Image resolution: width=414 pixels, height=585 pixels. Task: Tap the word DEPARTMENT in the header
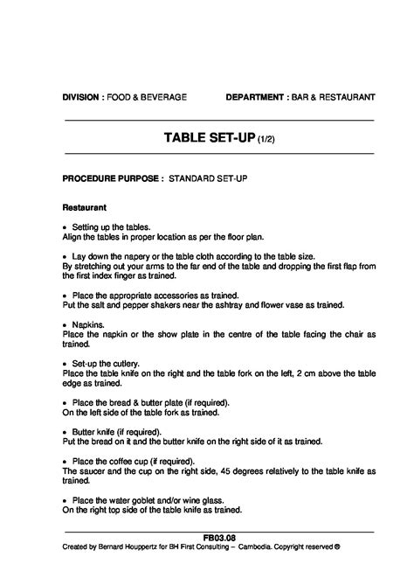pyautogui.click(x=254, y=96)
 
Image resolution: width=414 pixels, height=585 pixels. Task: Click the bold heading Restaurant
pyautogui.click(x=85, y=208)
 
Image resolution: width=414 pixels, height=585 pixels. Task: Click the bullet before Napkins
pyautogui.click(x=66, y=324)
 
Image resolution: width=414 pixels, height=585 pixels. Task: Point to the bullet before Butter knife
pyautogui.click(x=66, y=431)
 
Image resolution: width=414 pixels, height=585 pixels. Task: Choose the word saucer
pyautogui.click(x=90, y=470)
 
